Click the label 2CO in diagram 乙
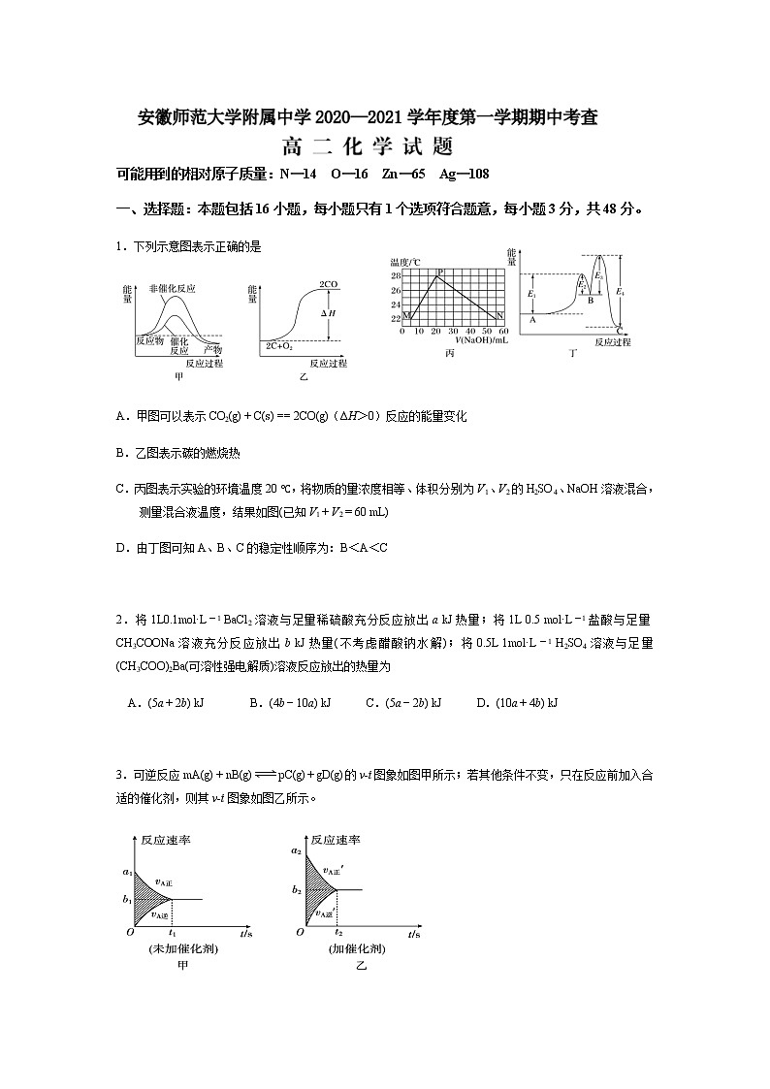pyautogui.click(x=328, y=284)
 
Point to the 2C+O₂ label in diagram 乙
pyautogui.click(x=280, y=346)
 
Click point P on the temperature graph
pyautogui.click(x=441, y=272)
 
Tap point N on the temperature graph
pyautogui.click(x=500, y=316)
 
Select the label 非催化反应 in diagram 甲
pyautogui.click(x=173, y=288)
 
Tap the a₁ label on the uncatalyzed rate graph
pyautogui.click(x=127, y=872)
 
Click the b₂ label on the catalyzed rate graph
pyautogui.click(x=296, y=889)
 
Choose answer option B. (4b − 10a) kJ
pyautogui.click(x=291, y=702)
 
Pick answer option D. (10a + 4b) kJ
pyautogui.click(x=517, y=702)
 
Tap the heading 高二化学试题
pyautogui.click(x=368, y=148)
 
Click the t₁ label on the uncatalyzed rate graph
pyautogui.click(x=173, y=933)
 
